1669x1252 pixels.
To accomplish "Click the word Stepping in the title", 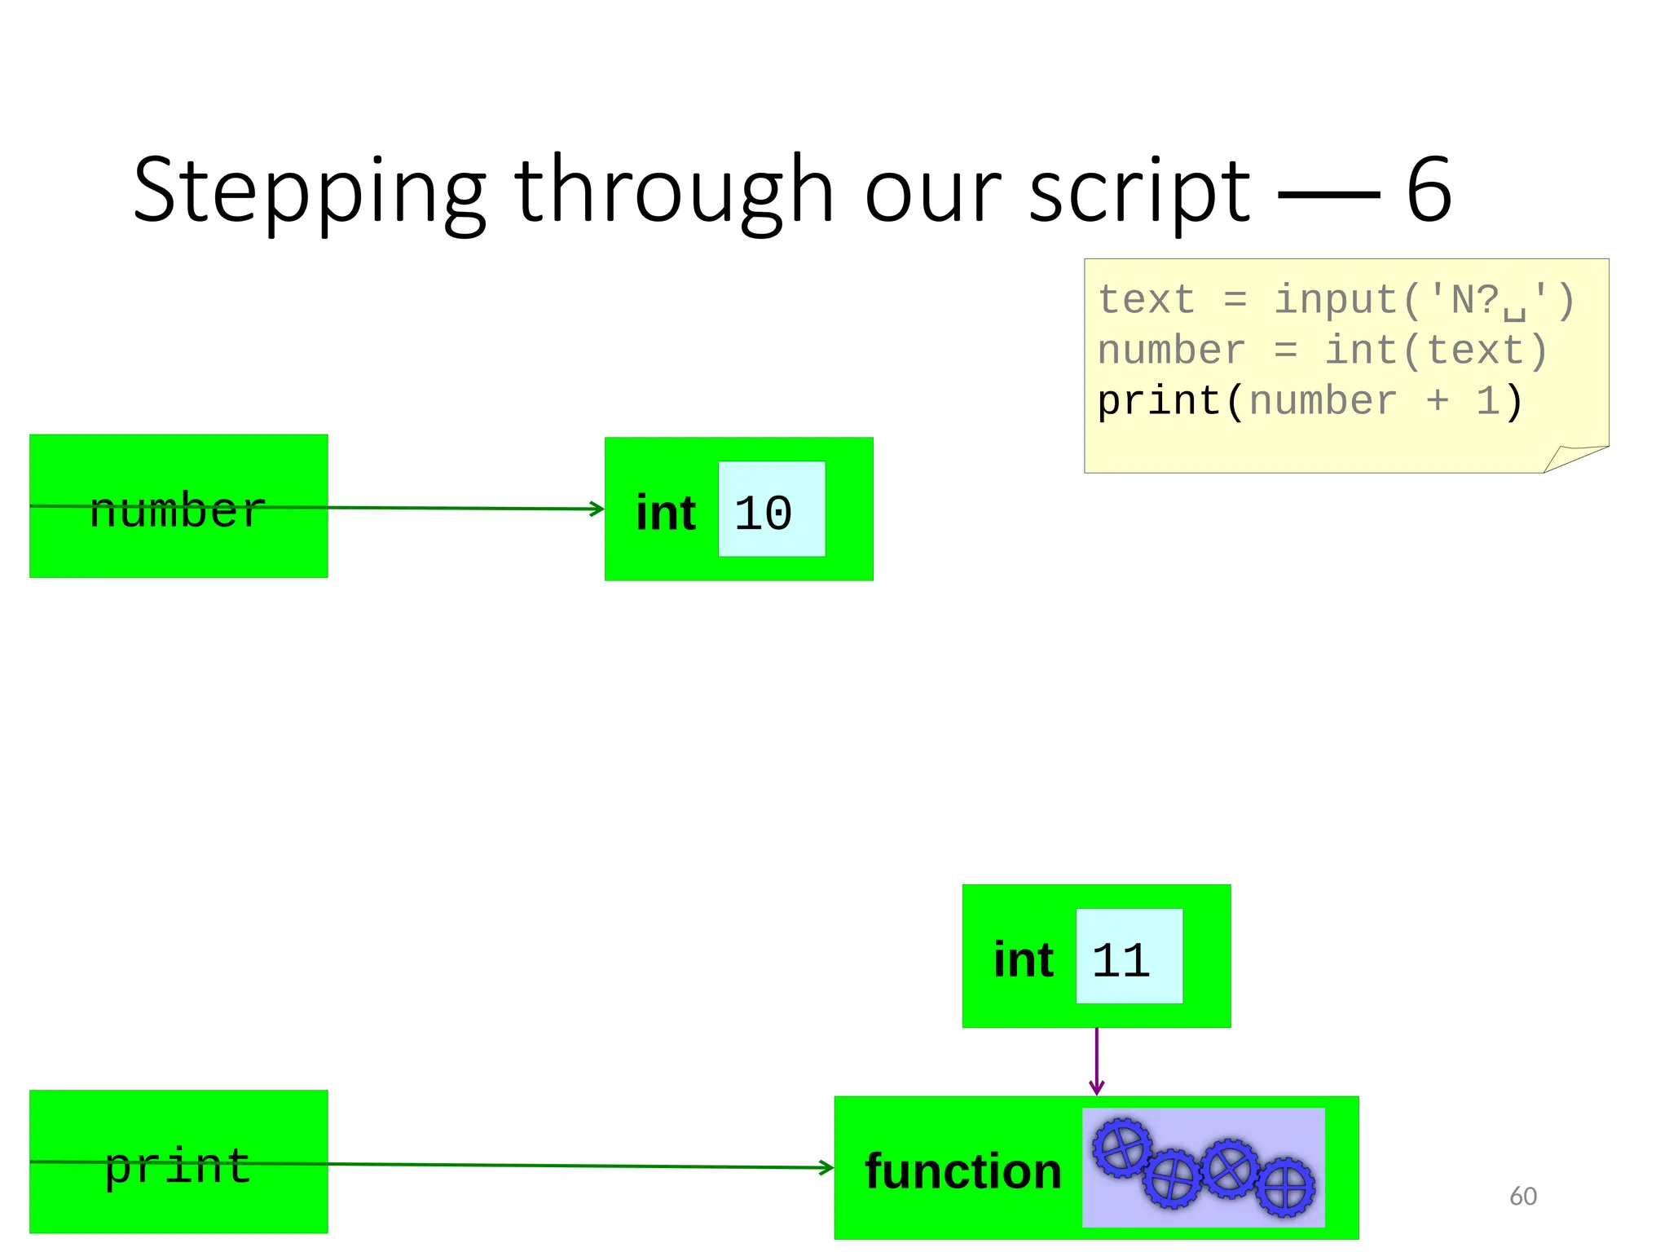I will (x=310, y=192).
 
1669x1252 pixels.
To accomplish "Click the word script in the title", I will (x=1139, y=192).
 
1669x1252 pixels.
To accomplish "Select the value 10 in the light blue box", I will (x=763, y=513).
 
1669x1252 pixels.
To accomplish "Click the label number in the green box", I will (x=178, y=510).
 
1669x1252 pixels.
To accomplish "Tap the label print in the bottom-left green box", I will (x=178, y=1165).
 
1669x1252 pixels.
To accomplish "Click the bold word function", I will (x=963, y=1170).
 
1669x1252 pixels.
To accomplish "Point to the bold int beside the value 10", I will (x=665, y=513).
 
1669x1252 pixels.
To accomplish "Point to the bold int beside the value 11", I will (x=1023, y=959).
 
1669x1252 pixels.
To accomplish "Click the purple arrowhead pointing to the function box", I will (x=1097, y=1088).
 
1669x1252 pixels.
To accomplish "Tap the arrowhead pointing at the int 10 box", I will (x=597, y=509).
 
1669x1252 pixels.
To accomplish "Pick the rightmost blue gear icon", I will (x=1285, y=1187).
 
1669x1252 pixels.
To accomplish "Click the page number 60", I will (x=1522, y=1196).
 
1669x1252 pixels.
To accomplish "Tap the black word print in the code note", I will (x=1158, y=402).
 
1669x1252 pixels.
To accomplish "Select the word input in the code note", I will (x=1337, y=300).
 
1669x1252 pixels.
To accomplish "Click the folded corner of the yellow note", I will (x=1573, y=458).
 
